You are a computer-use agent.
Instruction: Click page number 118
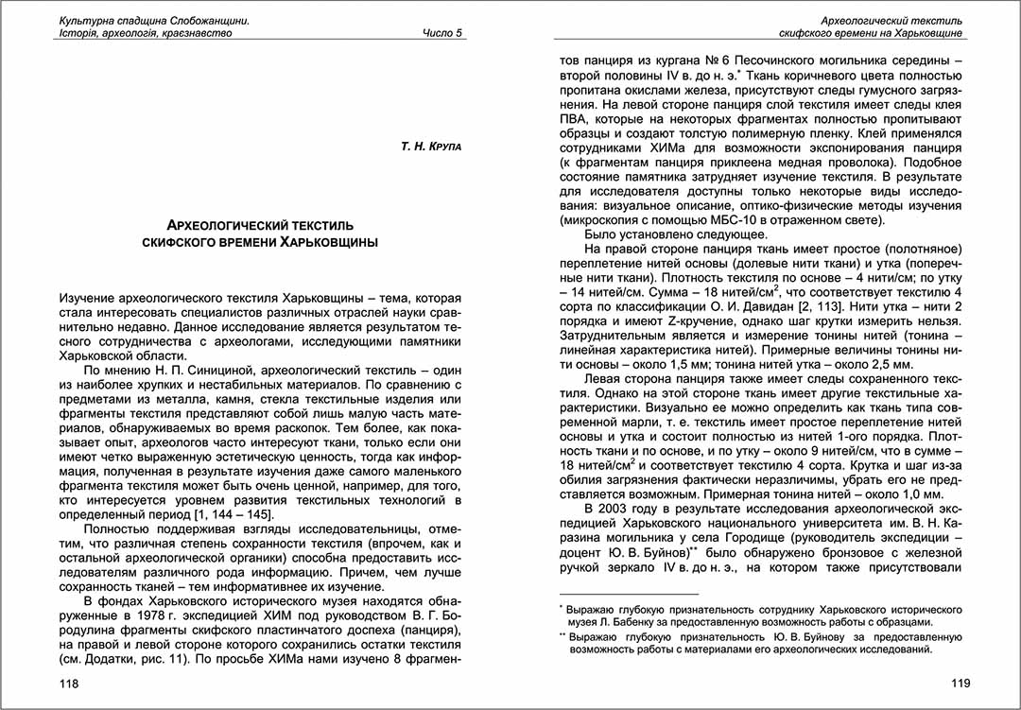[68, 683]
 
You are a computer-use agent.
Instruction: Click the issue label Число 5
[443, 33]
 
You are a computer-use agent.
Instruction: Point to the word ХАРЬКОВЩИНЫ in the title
[329, 243]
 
